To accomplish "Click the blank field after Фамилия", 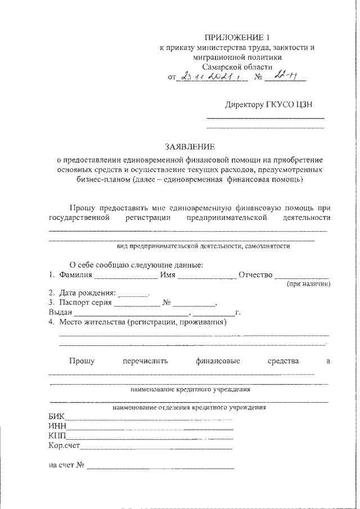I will pos(125,276).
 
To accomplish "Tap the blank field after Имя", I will pos(208,276).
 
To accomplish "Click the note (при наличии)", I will pos(308,285).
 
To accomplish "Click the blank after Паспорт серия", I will pos(137,303).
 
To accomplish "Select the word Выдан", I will pos(60,313).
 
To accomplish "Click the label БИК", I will pos(57,417).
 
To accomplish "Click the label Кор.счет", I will pos(65,446).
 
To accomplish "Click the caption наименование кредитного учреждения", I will pos(191,389).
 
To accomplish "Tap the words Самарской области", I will pos(236,66).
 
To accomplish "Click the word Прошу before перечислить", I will pos(82,361).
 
